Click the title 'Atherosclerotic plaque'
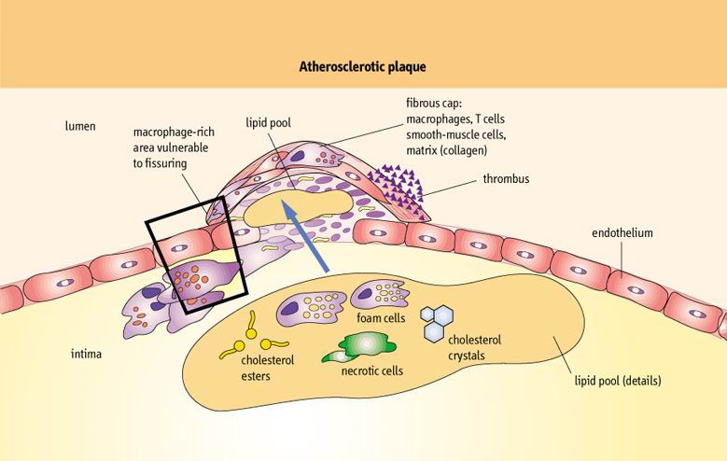click(362, 67)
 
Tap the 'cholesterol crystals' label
click(474, 347)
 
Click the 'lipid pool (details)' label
click(618, 381)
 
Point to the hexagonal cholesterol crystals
click(440, 324)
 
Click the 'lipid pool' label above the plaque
click(269, 121)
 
